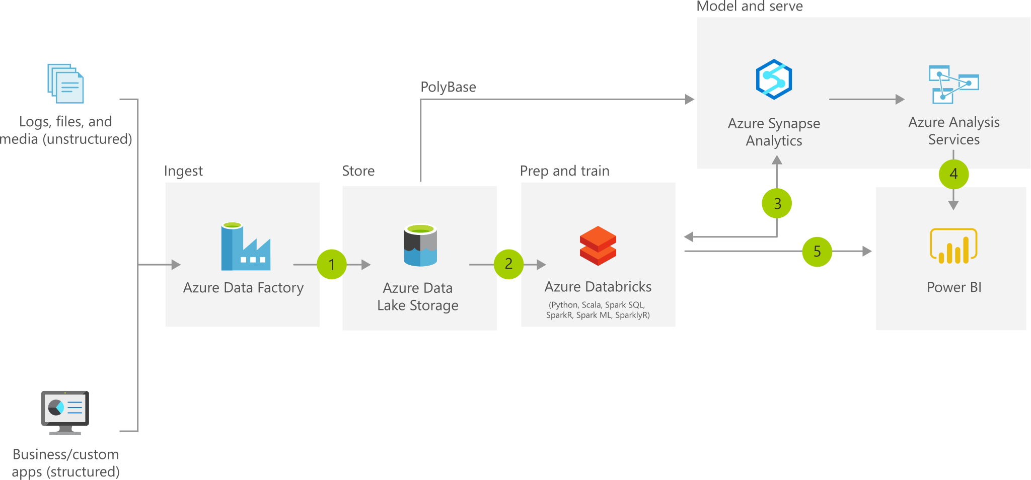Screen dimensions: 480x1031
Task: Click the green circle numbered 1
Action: [x=332, y=264]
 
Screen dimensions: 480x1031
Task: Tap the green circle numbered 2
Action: [x=508, y=264]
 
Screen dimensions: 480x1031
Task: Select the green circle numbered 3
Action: [x=777, y=203]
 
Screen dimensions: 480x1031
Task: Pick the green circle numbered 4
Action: [x=953, y=174]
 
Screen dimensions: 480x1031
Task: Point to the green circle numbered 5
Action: [x=817, y=252]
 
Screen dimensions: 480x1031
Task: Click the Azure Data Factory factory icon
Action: [x=245, y=246]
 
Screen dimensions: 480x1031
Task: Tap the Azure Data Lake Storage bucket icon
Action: [x=420, y=245]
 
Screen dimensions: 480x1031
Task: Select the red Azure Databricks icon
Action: [x=598, y=246]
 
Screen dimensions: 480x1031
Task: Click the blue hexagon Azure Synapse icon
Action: [x=774, y=79]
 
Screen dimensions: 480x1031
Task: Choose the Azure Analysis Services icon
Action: [x=953, y=84]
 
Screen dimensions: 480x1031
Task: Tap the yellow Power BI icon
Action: [x=953, y=246]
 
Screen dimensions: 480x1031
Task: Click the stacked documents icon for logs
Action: [x=65, y=83]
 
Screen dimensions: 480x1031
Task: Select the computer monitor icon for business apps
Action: [x=65, y=412]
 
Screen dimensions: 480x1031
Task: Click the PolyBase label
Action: [x=448, y=87]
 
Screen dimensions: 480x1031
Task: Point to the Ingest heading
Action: [x=183, y=171]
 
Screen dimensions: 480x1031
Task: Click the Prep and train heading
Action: [x=564, y=171]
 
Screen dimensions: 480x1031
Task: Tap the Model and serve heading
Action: [x=749, y=7]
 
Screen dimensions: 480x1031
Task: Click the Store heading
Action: [x=358, y=171]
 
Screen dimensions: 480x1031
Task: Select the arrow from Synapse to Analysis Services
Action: [x=866, y=100]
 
